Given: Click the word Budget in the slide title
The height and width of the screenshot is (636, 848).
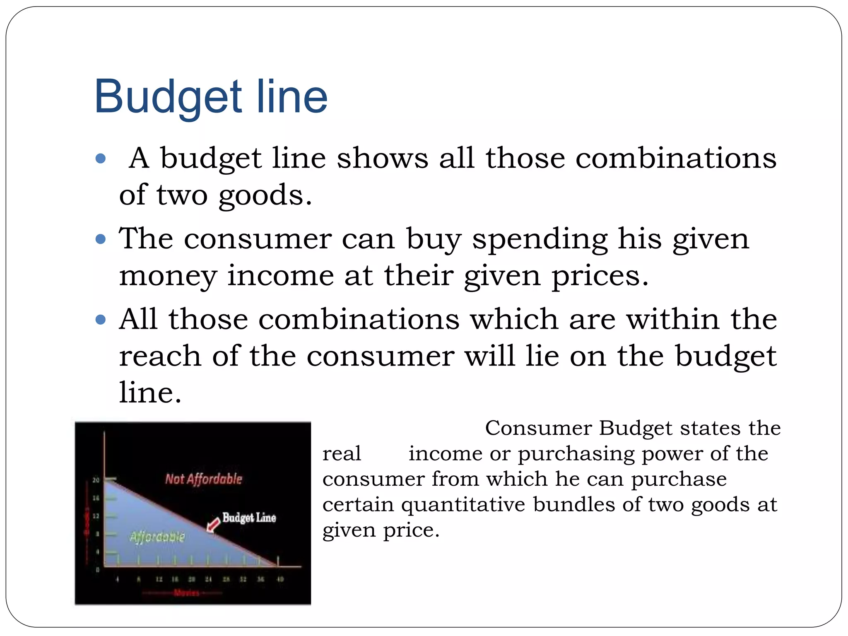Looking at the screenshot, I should point(168,97).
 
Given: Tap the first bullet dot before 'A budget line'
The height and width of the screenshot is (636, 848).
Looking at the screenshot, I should point(101,159).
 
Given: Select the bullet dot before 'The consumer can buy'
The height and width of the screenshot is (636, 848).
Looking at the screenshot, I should point(101,239).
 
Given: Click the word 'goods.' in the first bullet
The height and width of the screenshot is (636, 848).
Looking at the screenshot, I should point(265,195).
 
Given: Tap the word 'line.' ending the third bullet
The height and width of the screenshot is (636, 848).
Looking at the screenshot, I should point(150,393).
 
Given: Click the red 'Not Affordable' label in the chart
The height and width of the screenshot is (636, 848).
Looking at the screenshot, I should point(203,479).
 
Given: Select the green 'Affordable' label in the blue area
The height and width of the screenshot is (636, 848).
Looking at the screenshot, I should point(157,537).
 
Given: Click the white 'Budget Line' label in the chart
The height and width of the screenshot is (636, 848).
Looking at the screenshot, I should point(249,518).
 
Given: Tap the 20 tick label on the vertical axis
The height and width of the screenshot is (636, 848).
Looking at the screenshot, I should point(96,480).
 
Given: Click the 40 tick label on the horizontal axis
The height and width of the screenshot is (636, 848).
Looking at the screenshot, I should point(280,579).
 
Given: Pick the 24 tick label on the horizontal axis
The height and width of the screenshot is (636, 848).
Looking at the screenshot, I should point(208,579).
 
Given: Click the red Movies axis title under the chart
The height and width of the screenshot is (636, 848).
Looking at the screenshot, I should point(186,593).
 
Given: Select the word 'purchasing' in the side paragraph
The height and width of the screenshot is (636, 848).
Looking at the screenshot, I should point(576,454).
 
